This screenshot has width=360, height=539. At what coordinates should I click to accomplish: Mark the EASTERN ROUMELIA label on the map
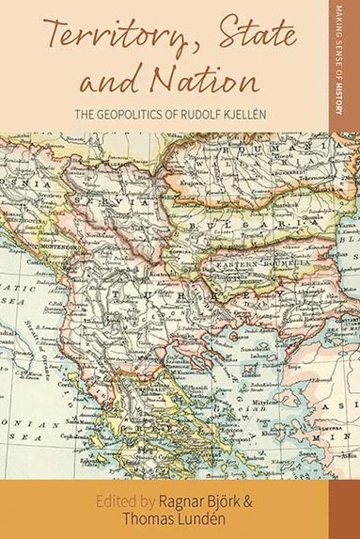point(243,267)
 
